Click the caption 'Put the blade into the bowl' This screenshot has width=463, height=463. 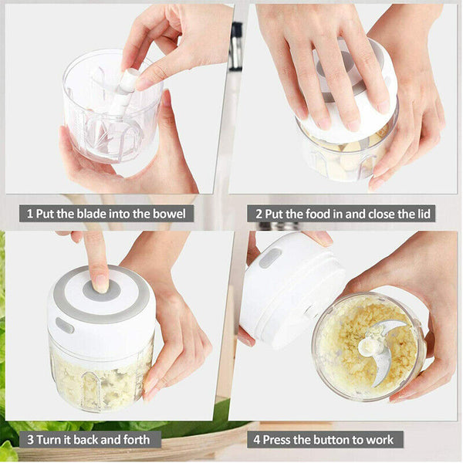[x=106, y=214]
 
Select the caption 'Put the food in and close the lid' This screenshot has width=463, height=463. [x=341, y=214]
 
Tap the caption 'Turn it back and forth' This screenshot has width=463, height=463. [x=90, y=440]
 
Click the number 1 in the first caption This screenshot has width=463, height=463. [x=30, y=214]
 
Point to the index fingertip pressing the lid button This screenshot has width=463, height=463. [x=100, y=282]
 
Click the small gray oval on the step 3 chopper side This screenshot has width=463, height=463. [x=65, y=326]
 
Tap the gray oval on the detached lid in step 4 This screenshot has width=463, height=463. [x=270, y=258]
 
